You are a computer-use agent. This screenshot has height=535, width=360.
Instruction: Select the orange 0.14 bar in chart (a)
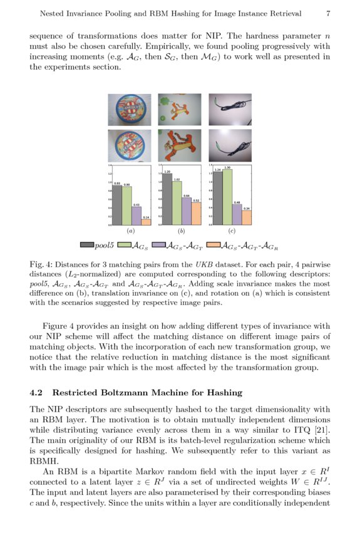[x=146, y=222]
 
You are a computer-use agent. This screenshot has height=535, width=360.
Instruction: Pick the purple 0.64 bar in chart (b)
[x=186, y=211]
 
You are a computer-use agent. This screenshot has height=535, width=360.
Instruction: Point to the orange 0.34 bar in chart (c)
[x=247, y=217]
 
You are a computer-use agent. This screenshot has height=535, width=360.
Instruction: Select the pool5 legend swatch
[x=86, y=245]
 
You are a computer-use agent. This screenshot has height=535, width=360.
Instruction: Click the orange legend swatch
[x=213, y=245]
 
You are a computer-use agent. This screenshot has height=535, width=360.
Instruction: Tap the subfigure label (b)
[x=181, y=231]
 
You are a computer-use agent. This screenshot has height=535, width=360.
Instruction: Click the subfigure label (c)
[x=232, y=231]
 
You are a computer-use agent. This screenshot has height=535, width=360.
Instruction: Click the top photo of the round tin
[x=129, y=110]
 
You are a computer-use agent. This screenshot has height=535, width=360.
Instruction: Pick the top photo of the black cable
[x=230, y=110]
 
